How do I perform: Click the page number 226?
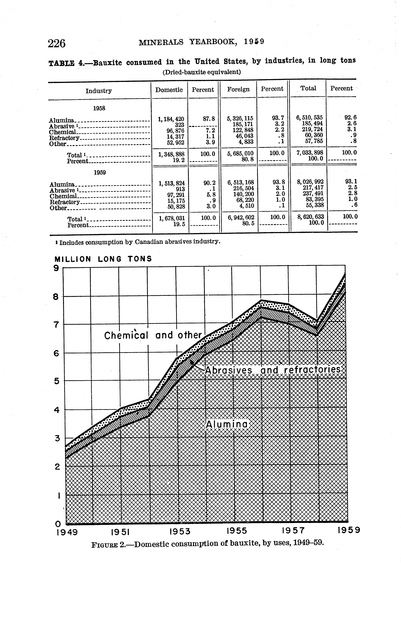pos(57,43)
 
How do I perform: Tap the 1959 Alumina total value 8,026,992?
pos(310,182)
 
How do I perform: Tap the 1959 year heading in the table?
pos(100,172)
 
